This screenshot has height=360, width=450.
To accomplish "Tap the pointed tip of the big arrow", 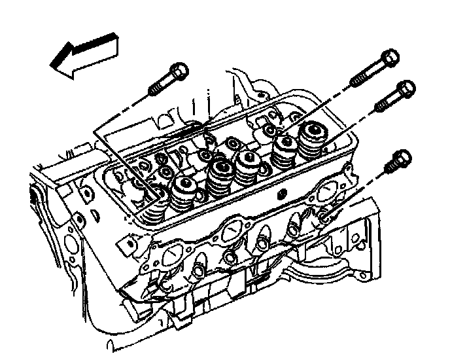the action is coord(52,64).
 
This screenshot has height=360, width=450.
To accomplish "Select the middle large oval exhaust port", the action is coord(234,232).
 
